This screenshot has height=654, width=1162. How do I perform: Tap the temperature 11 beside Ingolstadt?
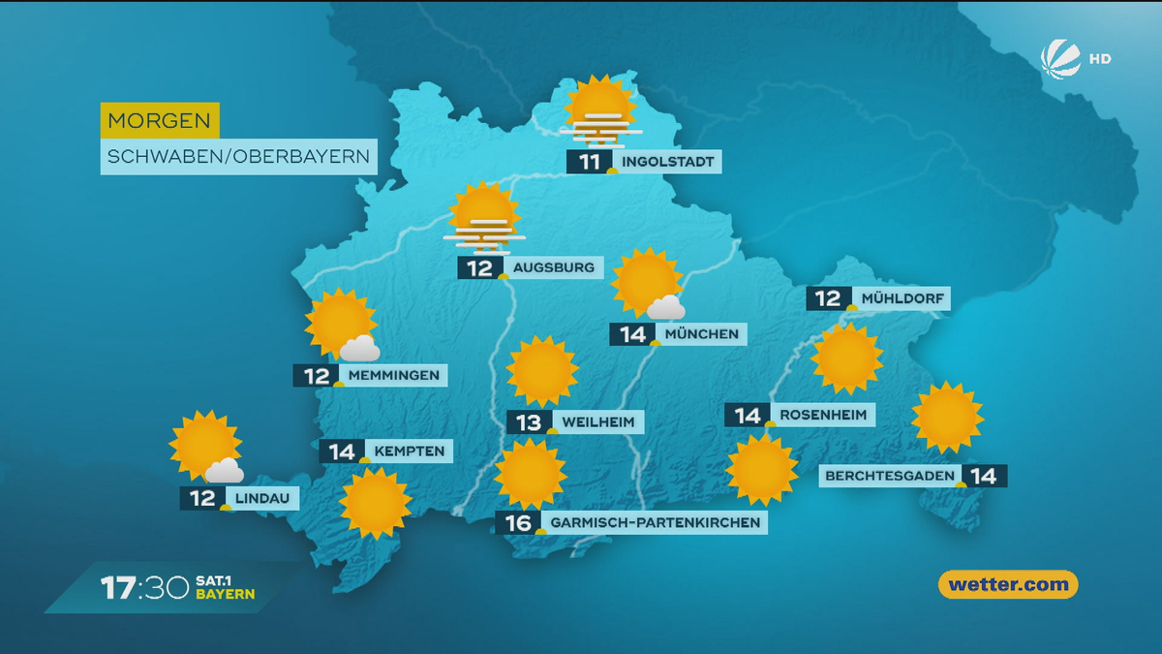(590, 162)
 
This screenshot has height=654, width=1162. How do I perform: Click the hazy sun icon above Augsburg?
(483, 218)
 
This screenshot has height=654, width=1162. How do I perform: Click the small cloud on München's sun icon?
(666, 308)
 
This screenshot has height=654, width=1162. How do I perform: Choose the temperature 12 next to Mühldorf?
(828, 298)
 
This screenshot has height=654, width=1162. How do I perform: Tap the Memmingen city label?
(393, 375)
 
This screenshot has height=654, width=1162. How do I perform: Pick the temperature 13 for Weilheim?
(529, 421)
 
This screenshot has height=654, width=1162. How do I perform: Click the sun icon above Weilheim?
(541, 371)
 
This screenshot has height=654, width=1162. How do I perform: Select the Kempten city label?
(409, 451)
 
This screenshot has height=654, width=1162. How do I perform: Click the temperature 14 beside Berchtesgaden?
(984, 476)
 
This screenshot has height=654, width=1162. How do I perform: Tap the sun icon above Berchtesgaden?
(947, 418)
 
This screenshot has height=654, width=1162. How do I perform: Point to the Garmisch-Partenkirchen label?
(654, 523)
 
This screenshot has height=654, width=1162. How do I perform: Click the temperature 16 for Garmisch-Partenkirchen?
(519, 523)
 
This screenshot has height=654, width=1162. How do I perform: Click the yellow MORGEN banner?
(160, 121)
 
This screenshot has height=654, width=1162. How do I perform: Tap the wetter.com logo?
(1008, 584)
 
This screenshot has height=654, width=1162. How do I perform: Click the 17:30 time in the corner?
(144, 587)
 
